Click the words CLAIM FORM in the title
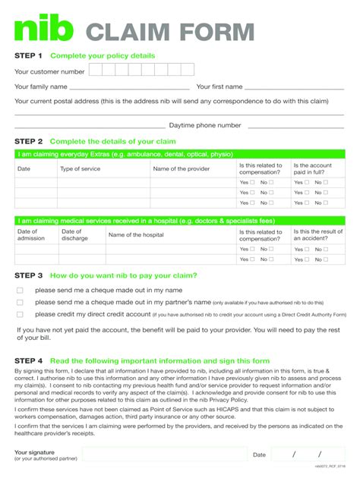pos(169,32)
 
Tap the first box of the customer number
pos(96,71)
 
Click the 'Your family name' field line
pos(129,90)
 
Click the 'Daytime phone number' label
pos(205,125)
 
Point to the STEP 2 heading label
pos(29,141)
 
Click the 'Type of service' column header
pos(80,168)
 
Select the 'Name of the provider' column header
pos(182,168)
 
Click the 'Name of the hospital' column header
pos(136,235)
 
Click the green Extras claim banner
pos(180,154)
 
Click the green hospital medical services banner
pos(180,221)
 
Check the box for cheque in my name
pos(21,291)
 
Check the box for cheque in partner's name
pos(21,302)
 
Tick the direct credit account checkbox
pos(21,314)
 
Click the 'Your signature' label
pos(35,452)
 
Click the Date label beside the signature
pos(259,455)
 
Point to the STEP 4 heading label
pos(29,360)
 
